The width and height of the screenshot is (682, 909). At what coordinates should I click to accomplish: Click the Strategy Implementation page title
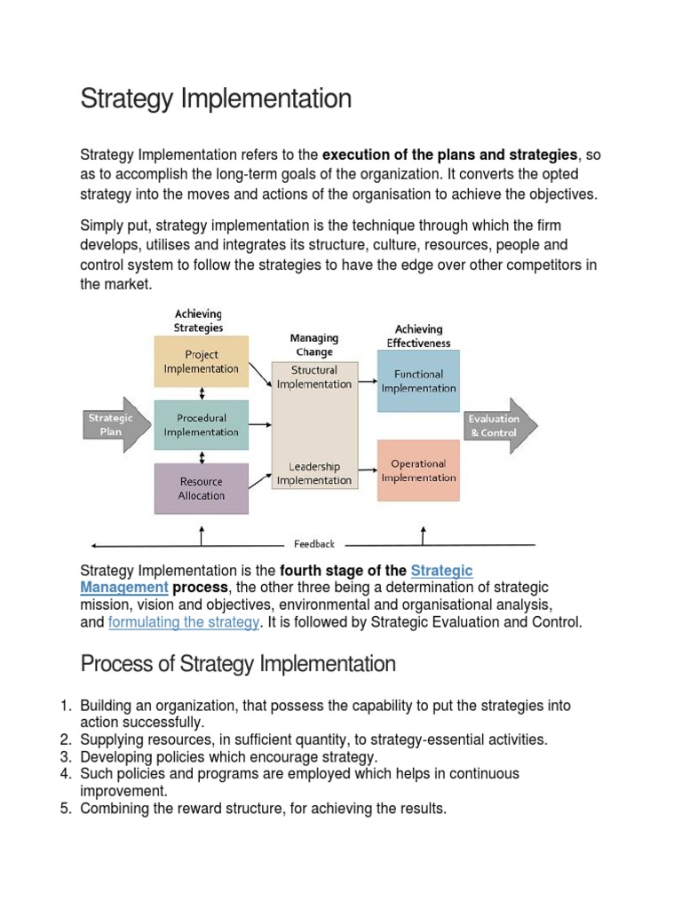click(x=216, y=99)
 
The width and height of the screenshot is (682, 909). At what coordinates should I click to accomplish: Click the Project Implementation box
click(x=202, y=361)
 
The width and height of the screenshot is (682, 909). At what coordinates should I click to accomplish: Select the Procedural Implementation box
click(x=202, y=424)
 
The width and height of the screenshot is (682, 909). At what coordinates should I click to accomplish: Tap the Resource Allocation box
click(x=202, y=488)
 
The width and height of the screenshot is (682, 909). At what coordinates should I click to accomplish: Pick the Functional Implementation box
click(x=418, y=381)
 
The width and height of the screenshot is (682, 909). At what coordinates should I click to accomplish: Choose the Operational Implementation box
click(x=418, y=470)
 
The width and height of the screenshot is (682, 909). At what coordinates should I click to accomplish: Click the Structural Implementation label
click(x=314, y=377)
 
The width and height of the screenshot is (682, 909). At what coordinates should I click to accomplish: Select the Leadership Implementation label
click(x=314, y=473)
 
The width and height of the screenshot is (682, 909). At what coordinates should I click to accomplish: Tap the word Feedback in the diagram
click(x=314, y=544)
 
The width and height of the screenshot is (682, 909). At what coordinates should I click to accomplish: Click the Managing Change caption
click(x=314, y=344)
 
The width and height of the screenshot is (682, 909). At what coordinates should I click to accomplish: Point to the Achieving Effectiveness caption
click(x=418, y=336)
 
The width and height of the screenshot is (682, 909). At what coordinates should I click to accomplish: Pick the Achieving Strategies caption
click(x=199, y=320)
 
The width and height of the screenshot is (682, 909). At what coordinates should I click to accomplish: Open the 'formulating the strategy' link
click(x=183, y=622)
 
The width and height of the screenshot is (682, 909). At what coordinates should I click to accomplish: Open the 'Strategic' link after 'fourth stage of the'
click(x=441, y=571)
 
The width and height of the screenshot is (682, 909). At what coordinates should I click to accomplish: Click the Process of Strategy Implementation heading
click(x=238, y=664)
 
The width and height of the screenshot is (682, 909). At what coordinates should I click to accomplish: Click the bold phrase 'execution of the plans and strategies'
click(x=450, y=155)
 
